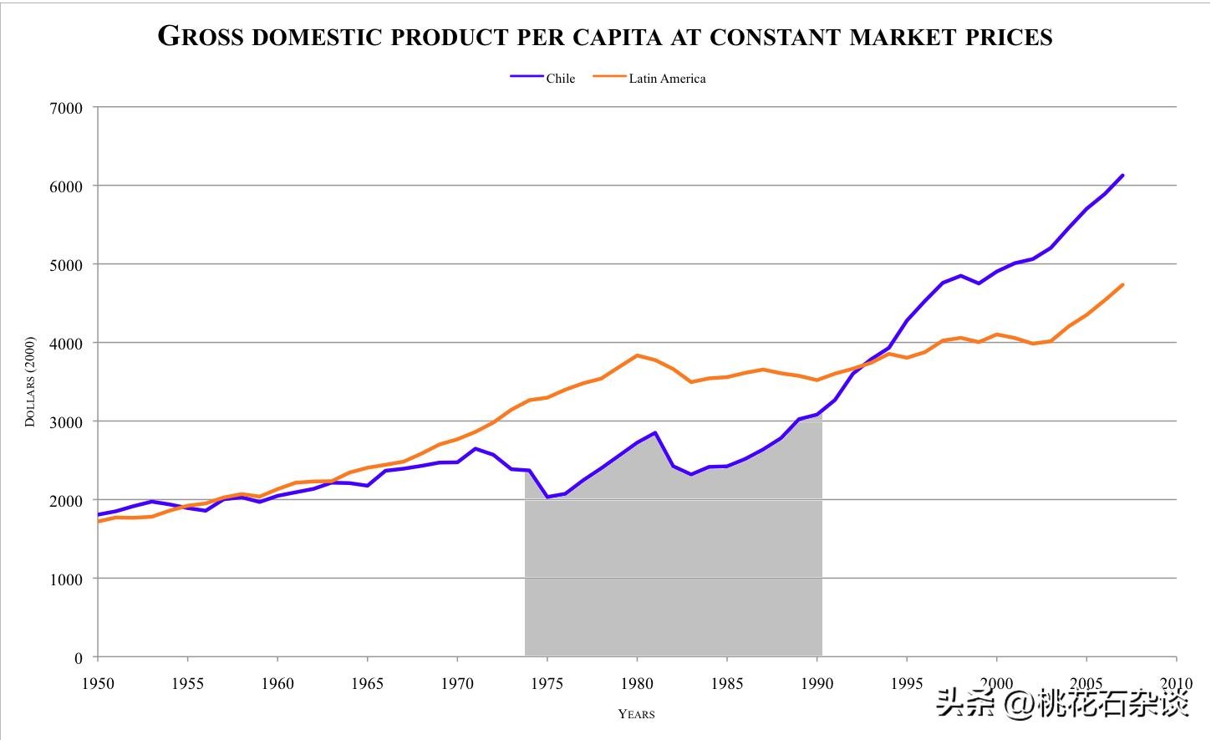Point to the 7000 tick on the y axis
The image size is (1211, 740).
(x=67, y=108)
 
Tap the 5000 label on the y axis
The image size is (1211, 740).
(x=67, y=265)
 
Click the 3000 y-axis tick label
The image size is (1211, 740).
(x=67, y=422)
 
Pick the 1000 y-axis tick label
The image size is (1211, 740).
(x=67, y=579)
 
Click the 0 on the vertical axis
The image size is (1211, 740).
(x=79, y=658)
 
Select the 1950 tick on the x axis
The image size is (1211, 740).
(x=98, y=683)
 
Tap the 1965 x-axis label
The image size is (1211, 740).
(x=368, y=683)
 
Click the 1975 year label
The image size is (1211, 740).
(x=547, y=683)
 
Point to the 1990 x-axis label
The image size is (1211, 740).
(x=817, y=683)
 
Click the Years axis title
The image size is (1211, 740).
(x=636, y=714)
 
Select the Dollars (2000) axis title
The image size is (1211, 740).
(x=30, y=382)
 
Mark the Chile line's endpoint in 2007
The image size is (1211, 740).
(x=1122, y=176)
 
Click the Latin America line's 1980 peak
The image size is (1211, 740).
(x=637, y=355)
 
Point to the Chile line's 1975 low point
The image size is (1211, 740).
(x=547, y=497)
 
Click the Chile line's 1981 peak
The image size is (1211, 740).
(x=655, y=432)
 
